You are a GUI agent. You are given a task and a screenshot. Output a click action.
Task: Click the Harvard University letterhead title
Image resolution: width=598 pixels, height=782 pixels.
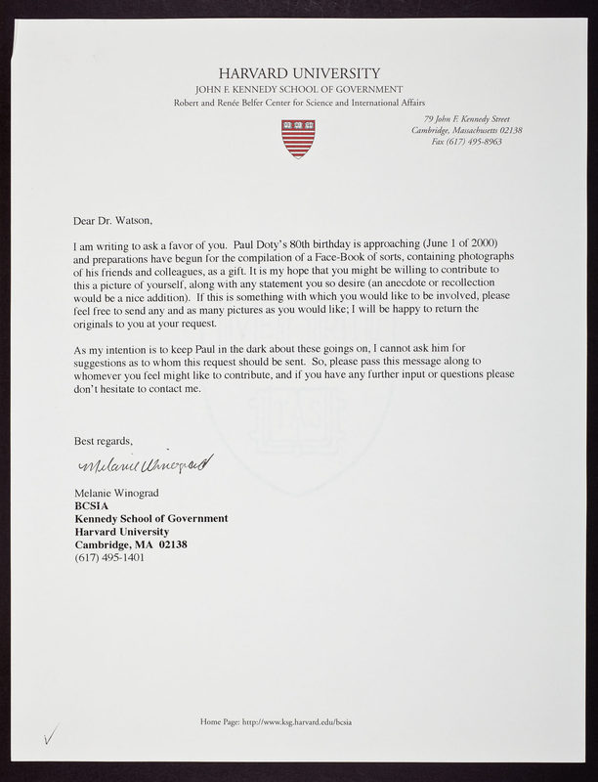tap(299, 73)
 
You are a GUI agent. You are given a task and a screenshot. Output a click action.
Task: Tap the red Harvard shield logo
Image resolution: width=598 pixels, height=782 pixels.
tap(298, 138)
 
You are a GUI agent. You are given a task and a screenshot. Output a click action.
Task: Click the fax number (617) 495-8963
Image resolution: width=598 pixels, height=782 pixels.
tap(467, 142)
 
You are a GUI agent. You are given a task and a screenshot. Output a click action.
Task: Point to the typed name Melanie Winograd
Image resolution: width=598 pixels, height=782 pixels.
tap(116, 493)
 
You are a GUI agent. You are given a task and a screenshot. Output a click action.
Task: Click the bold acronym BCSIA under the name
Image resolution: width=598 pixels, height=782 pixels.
tap(93, 505)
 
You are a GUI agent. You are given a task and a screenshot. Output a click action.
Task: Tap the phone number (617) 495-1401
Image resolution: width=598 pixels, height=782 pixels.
tap(109, 557)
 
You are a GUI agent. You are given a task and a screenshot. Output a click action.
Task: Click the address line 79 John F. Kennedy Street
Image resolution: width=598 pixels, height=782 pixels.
tap(467, 118)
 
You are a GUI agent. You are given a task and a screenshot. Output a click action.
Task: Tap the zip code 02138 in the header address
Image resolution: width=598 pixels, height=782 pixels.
tap(507, 130)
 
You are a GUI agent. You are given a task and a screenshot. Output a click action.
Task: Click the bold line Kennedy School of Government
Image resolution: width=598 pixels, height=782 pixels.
tap(151, 518)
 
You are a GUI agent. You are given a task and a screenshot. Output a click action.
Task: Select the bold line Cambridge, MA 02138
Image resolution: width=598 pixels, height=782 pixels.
tap(131, 543)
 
